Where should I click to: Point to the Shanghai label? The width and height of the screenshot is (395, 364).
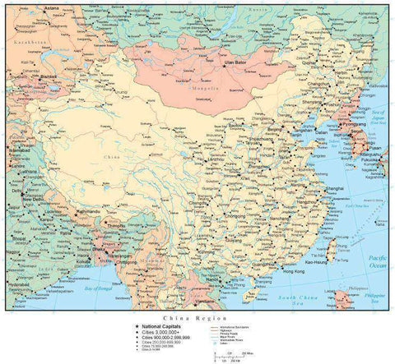tap(335, 188)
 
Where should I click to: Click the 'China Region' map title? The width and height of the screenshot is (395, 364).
tap(188, 317)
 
